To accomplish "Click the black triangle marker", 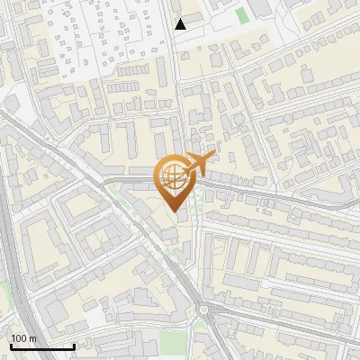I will click(180, 24).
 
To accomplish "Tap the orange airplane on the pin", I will click(196, 165).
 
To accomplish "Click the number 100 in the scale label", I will click(20, 338).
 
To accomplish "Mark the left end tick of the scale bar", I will click(11, 346).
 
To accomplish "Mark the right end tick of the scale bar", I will click(74, 346).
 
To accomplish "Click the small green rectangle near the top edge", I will click(241, 15).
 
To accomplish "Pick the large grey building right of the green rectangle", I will click(262, 8).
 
